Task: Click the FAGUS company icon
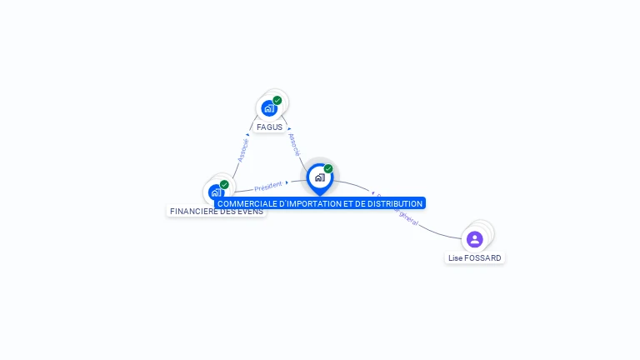coord(268,108)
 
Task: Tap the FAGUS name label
coord(269,127)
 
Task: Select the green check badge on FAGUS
coord(277,101)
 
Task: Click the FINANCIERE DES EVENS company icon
coord(216,192)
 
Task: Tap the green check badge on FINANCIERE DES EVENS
coord(224,185)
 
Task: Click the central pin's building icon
coord(319,177)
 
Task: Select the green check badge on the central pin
coord(328,169)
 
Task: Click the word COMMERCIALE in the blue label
coord(247,203)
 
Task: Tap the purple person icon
coord(475,239)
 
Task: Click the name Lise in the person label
coord(455,258)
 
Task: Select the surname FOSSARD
coord(483,258)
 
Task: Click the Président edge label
coord(268,186)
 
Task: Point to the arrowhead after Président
coord(287,182)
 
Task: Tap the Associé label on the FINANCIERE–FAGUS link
coord(242,149)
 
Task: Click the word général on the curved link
coord(408,218)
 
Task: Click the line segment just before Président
coord(243,190)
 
